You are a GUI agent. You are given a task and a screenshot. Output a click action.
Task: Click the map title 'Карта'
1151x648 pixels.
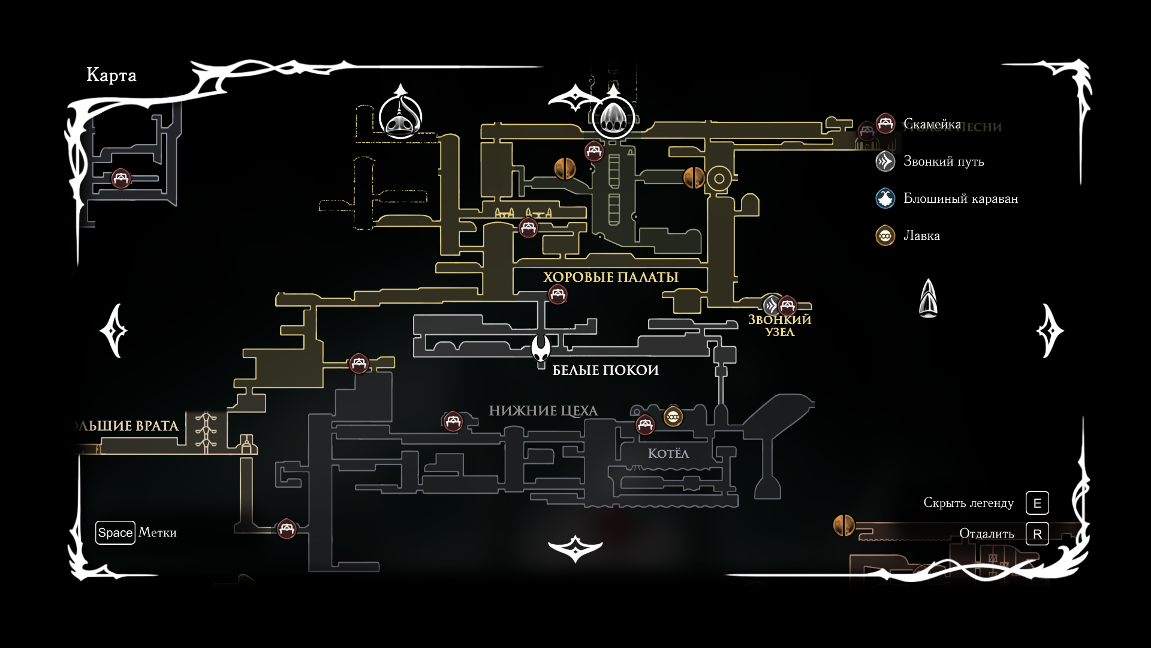click(112, 75)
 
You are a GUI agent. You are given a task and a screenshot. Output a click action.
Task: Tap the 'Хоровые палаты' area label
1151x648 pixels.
click(610, 277)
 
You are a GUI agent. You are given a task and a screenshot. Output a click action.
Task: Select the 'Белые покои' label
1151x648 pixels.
click(605, 370)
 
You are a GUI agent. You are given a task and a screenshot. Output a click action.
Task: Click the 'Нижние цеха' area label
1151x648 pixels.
click(543, 411)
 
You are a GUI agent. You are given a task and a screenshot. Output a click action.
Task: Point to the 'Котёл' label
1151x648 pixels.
click(668, 454)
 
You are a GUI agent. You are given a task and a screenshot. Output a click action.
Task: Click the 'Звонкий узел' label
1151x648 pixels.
click(779, 326)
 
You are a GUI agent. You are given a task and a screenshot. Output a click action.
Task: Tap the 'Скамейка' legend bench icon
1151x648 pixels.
click(885, 124)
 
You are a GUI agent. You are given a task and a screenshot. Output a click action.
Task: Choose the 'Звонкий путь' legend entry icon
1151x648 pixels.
click(885, 161)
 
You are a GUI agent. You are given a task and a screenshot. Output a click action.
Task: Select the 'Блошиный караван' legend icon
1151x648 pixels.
click(885, 199)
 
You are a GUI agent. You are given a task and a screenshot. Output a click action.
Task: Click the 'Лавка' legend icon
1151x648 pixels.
click(885, 236)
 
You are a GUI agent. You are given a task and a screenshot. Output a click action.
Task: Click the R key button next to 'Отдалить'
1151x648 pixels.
click(1037, 533)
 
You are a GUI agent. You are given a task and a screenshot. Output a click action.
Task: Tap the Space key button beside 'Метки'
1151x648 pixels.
click(115, 533)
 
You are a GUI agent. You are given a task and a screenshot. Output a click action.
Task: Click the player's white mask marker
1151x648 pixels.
click(541, 349)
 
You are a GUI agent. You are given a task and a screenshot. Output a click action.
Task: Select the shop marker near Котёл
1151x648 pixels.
click(673, 416)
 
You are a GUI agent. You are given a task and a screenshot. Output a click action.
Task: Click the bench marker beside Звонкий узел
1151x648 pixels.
click(787, 306)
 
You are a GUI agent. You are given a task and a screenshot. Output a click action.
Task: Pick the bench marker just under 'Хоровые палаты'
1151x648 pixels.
click(558, 295)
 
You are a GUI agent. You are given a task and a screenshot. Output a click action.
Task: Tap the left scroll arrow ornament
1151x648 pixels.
click(114, 331)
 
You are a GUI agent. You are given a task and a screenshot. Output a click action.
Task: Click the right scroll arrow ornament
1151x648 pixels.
click(1049, 331)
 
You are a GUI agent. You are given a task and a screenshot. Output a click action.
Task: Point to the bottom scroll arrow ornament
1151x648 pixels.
click(575, 548)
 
